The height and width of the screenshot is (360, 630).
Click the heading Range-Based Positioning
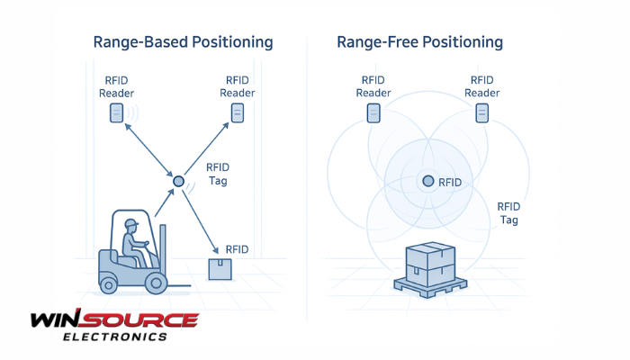point(183,42)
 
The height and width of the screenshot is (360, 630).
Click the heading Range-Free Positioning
point(419,42)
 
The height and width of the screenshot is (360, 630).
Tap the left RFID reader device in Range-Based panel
point(115,112)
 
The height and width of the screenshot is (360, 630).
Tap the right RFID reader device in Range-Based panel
point(238,112)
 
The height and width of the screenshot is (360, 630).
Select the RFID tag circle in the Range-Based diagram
point(178,182)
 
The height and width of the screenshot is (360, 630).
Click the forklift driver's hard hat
point(130,222)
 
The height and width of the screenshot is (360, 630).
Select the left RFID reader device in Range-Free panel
point(373,112)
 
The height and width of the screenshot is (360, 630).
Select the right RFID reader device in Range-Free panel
point(482,112)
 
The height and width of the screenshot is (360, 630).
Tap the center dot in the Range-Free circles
point(428,182)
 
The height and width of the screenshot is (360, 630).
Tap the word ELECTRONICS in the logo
point(114,337)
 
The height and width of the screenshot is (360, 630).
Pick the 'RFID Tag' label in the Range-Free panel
point(509,212)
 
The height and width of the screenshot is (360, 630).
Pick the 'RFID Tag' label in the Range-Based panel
point(218,174)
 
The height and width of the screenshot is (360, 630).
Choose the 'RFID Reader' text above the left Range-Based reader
point(115,86)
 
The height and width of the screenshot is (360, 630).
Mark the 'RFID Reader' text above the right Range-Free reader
point(482,86)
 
